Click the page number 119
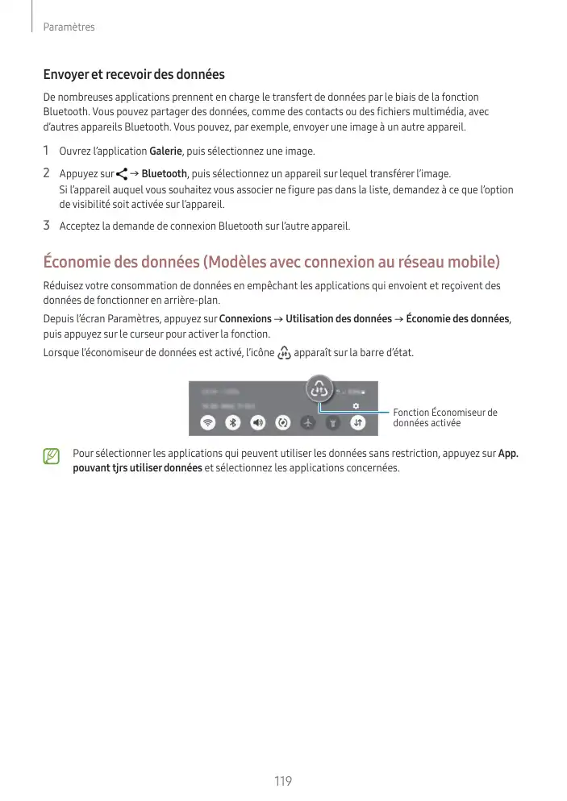[282, 781]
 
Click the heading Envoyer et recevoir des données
[134, 75]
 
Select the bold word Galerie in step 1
[166, 151]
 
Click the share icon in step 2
[123, 174]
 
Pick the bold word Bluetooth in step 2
[165, 174]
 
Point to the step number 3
[47, 226]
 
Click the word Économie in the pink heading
[81, 263]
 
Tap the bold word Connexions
[245, 319]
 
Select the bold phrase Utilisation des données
[339, 319]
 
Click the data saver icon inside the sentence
[283, 354]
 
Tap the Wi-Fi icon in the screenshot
[208, 422]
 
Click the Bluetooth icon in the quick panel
[233, 422]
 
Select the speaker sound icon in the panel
[258, 422]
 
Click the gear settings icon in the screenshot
[356, 405]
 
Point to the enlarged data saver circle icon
[320, 389]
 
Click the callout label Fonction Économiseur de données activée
[444, 417]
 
